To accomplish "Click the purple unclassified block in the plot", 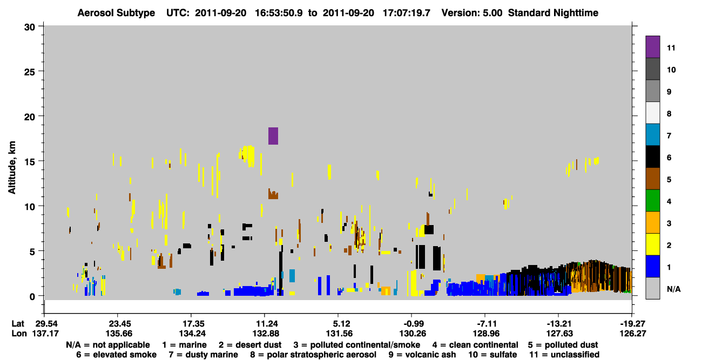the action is coord(273,135).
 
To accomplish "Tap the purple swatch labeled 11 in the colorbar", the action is coord(652,46).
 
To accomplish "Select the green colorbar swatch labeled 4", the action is coord(652,201).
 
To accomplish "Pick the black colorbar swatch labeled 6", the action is coord(652,157).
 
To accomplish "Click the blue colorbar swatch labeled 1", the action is coord(652,266).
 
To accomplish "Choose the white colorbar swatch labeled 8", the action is coord(652,113).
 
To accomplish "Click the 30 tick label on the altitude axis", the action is coord(30,28).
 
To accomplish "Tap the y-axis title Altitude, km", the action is coord(12,168).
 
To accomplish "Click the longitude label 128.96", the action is coord(486,334).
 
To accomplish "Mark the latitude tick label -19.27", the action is coord(633,324).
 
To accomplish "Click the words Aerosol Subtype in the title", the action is coord(116,13).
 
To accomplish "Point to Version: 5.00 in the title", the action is coord(472,13).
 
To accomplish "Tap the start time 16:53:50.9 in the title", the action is coord(279,13).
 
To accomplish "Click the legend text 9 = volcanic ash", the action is coord(422,355).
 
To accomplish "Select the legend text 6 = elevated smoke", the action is coord(116,355).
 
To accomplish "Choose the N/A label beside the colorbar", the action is coord(673,289).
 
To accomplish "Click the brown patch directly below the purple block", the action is coord(273,194).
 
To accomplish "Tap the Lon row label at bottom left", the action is coord(19,334).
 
